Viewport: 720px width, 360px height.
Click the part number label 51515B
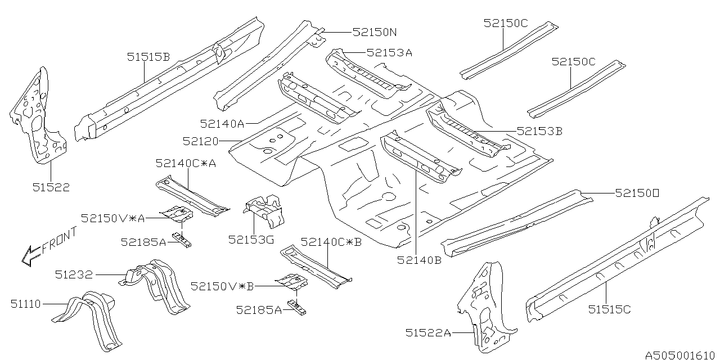point(148,56)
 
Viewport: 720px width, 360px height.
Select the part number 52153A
point(389,52)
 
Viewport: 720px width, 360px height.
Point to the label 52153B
point(540,131)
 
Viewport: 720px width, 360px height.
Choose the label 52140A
point(221,122)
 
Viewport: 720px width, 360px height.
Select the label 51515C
point(610,309)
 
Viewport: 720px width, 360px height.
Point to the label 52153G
point(251,240)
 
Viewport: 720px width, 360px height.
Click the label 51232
point(74,274)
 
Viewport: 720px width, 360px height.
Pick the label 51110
point(25,304)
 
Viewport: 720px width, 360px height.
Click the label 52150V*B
point(222,286)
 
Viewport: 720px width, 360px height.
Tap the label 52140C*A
point(186,163)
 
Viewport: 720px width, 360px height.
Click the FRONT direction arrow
point(48,246)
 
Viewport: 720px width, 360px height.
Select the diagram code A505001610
point(680,355)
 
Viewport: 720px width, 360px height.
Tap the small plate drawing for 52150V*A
point(176,214)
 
